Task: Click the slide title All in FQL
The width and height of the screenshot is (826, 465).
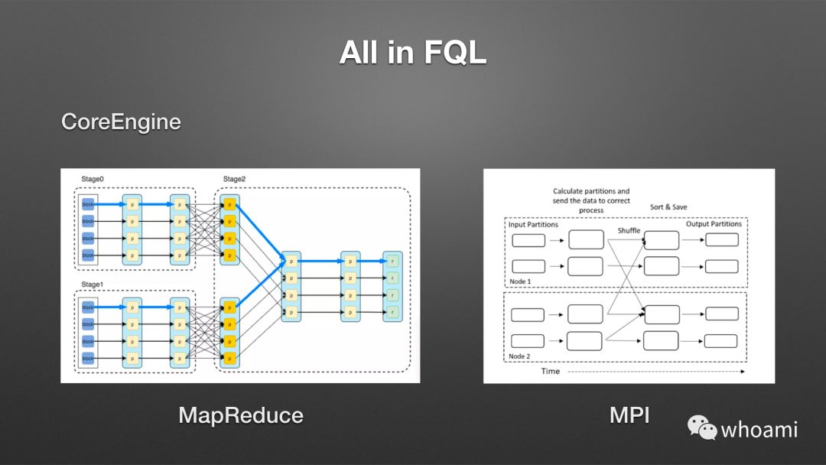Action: tap(413, 54)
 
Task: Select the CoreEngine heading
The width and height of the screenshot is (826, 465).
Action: tap(121, 122)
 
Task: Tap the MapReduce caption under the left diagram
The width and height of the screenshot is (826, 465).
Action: tap(241, 415)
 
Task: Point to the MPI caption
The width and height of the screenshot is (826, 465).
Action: tap(629, 415)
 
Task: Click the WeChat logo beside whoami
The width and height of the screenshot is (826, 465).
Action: tap(701, 428)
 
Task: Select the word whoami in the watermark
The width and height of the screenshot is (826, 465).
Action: tap(759, 429)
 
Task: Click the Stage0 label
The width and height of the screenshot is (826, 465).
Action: tap(93, 179)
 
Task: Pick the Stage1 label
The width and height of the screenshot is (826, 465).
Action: tap(93, 284)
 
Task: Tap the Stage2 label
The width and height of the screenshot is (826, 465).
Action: tap(235, 179)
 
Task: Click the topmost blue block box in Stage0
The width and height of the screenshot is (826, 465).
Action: tap(88, 205)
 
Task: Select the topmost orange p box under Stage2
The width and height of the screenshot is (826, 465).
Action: tap(229, 205)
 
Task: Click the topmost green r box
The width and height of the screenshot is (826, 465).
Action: tap(393, 261)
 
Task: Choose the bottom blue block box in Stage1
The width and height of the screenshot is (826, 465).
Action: tap(88, 357)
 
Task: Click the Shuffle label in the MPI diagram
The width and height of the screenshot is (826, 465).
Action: tap(629, 230)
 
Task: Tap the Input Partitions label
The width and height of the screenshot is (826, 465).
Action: tap(534, 225)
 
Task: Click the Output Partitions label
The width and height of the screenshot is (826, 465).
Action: tap(714, 224)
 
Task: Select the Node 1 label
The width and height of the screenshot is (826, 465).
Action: tap(520, 281)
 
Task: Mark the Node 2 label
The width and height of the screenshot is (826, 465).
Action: tap(520, 356)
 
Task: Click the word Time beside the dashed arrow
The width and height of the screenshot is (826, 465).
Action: tap(550, 372)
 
